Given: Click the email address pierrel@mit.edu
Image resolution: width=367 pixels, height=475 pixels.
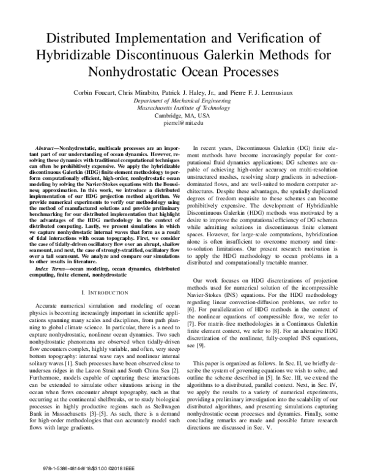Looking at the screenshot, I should click(x=183, y=123).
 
